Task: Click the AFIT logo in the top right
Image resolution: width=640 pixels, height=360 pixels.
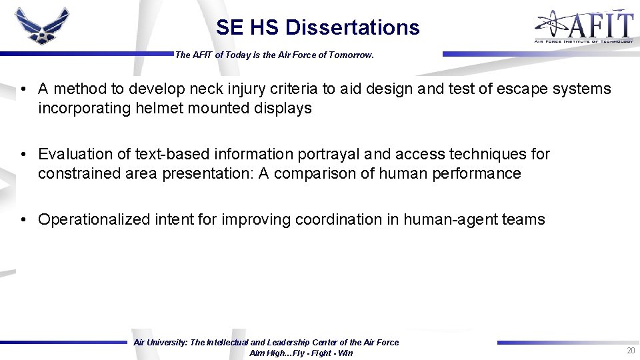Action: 583,27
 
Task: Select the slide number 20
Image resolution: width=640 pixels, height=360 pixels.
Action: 630,351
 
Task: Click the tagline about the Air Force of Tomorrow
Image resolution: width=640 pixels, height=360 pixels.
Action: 274,55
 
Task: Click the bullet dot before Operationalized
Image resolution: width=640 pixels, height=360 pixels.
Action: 23,220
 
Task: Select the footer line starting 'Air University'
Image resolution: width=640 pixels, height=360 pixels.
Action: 266,342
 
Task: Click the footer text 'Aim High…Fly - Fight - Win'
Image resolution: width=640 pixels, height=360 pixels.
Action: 301,353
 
